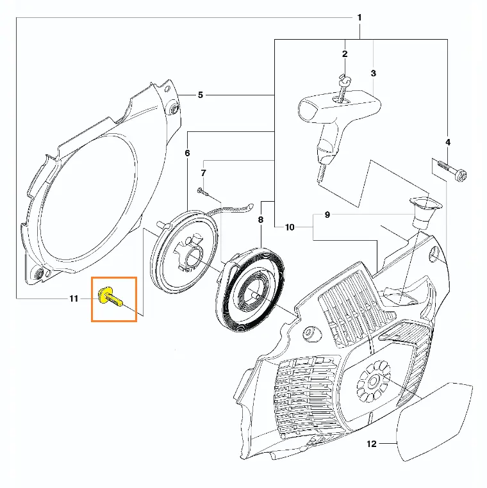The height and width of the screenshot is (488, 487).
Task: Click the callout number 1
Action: click(359, 17)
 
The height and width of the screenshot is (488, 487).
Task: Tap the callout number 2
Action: click(345, 54)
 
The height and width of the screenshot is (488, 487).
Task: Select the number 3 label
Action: click(374, 73)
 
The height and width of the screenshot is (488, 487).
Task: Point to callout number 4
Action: click(448, 142)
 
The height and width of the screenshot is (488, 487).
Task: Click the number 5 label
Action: click(201, 95)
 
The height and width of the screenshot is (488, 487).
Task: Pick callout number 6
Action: click(187, 153)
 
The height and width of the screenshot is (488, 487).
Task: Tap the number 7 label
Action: click(203, 173)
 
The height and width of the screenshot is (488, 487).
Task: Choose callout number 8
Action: click(261, 220)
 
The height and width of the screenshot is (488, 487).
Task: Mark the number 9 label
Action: click(327, 215)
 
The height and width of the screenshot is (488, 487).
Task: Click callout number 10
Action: click(290, 227)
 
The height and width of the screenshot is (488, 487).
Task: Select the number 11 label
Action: click(74, 299)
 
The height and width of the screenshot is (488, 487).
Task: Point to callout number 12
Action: click(372, 444)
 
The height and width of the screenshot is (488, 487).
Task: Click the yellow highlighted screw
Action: click(110, 298)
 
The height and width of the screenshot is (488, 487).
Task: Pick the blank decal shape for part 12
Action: click(434, 421)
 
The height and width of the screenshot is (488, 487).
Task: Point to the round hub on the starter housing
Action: click(374, 381)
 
